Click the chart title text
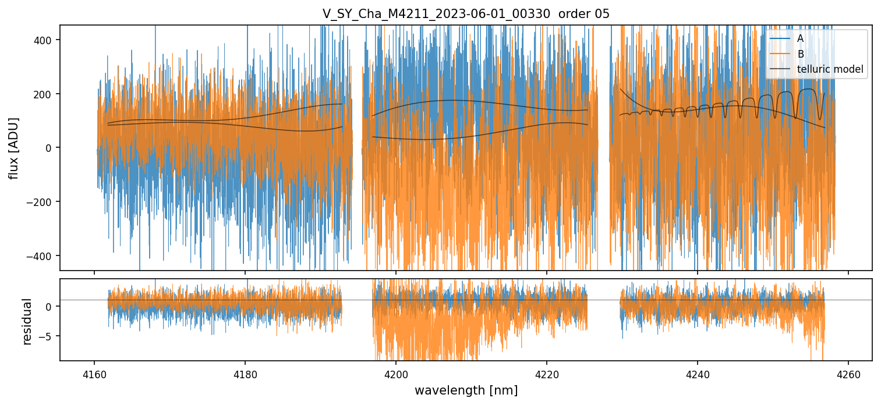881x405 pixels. [466, 14]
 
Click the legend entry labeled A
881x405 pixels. [800, 38]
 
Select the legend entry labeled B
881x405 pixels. [800, 54]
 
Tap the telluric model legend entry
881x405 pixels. [830, 70]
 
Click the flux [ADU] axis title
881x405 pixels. [13, 148]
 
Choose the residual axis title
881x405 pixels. [27, 321]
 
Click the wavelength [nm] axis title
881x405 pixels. [466, 390]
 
